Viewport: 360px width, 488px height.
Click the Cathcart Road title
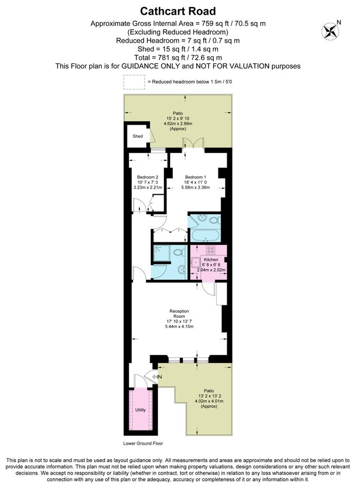coord(178,11)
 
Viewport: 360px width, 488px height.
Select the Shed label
coord(138,136)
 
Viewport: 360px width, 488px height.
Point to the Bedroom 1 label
coord(196,177)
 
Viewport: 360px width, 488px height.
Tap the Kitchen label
coord(210,260)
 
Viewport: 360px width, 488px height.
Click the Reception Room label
coord(179,313)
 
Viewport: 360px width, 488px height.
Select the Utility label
coord(140,410)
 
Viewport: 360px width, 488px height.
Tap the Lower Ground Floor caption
coord(143,443)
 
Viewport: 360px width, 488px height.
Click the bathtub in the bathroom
coord(204,236)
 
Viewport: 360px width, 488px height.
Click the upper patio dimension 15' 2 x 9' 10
coord(178,118)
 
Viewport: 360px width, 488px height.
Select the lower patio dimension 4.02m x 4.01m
coord(208,401)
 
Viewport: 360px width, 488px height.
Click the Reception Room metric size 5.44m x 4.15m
coord(179,326)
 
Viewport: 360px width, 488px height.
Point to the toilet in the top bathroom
coord(214,220)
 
